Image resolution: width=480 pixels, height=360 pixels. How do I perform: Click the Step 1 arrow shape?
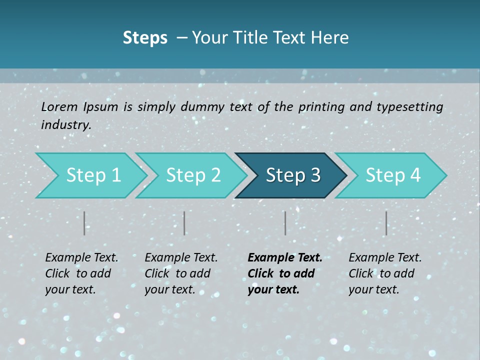click(x=90, y=175)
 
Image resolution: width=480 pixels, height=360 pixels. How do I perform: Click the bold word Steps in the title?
click(x=145, y=38)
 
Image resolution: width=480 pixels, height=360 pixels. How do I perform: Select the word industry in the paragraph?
click(x=65, y=125)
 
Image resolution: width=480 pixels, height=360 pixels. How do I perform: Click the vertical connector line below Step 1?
click(x=84, y=223)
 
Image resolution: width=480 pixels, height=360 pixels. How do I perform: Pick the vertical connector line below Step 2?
click(x=184, y=223)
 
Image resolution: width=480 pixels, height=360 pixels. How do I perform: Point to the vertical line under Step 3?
click(x=285, y=223)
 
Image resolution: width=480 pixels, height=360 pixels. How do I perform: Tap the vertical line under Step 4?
click(x=386, y=223)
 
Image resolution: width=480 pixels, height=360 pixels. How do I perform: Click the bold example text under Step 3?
click(x=284, y=273)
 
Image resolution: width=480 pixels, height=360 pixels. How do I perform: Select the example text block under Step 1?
click(x=81, y=273)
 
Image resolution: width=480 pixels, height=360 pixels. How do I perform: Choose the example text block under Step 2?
click(x=180, y=273)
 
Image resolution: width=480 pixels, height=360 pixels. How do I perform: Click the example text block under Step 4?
click(x=384, y=273)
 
